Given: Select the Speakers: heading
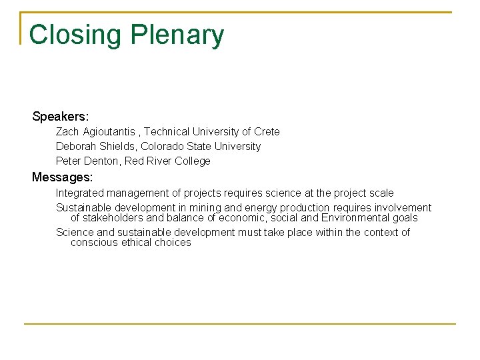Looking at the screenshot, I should (x=60, y=117).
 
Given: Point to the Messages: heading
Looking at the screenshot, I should (x=63, y=177).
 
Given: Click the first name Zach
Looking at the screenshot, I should (x=67, y=132).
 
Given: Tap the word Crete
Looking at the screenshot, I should (x=267, y=132).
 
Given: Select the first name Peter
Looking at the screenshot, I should (x=68, y=161).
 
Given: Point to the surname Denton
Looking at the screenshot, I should (x=100, y=161).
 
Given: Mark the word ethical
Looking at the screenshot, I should (x=138, y=243).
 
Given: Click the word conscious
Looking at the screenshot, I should (x=94, y=243).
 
